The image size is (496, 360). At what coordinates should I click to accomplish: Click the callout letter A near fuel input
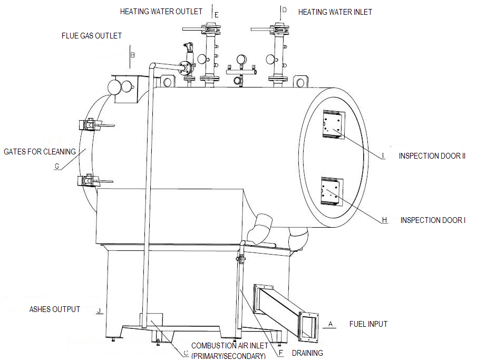pyautogui.click(x=330, y=323)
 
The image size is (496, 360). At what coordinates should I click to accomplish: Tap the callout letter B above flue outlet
pyautogui.click(x=133, y=54)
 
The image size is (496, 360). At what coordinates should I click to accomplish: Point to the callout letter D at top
pyautogui.click(x=284, y=10)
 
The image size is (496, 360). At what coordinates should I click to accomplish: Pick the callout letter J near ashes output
pyautogui.click(x=99, y=311)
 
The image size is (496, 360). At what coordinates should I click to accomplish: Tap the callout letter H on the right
pyautogui.click(x=384, y=219)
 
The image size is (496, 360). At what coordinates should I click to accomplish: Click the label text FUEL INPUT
pyautogui.click(x=368, y=324)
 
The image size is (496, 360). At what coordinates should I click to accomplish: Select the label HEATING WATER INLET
pyautogui.click(x=335, y=12)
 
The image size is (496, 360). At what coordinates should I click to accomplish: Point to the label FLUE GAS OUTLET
pyautogui.click(x=92, y=36)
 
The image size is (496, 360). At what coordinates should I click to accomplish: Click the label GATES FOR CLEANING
pyautogui.click(x=40, y=152)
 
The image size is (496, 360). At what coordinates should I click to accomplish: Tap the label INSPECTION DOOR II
pyautogui.click(x=432, y=156)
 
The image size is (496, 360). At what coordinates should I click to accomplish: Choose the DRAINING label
pyautogui.click(x=307, y=353)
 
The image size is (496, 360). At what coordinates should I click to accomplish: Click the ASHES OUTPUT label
pyautogui.click(x=55, y=309)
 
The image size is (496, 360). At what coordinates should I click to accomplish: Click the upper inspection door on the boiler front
pyautogui.click(x=333, y=125)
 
